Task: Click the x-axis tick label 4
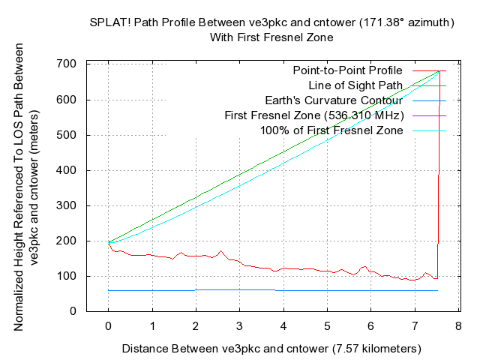pyautogui.click(x=283, y=328)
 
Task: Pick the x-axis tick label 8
pyautogui.click(x=457, y=328)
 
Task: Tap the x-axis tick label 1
pyautogui.click(x=152, y=328)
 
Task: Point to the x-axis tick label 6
pyautogui.click(x=370, y=328)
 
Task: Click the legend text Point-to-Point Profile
pyautogui.click(x=348, y=70)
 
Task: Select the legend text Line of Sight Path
pyautogui.click(x=359, y=85)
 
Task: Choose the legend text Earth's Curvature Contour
pyautogui.click(x=334, y=100)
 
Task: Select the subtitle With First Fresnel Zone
pyautogui.click(x=271, y=36)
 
